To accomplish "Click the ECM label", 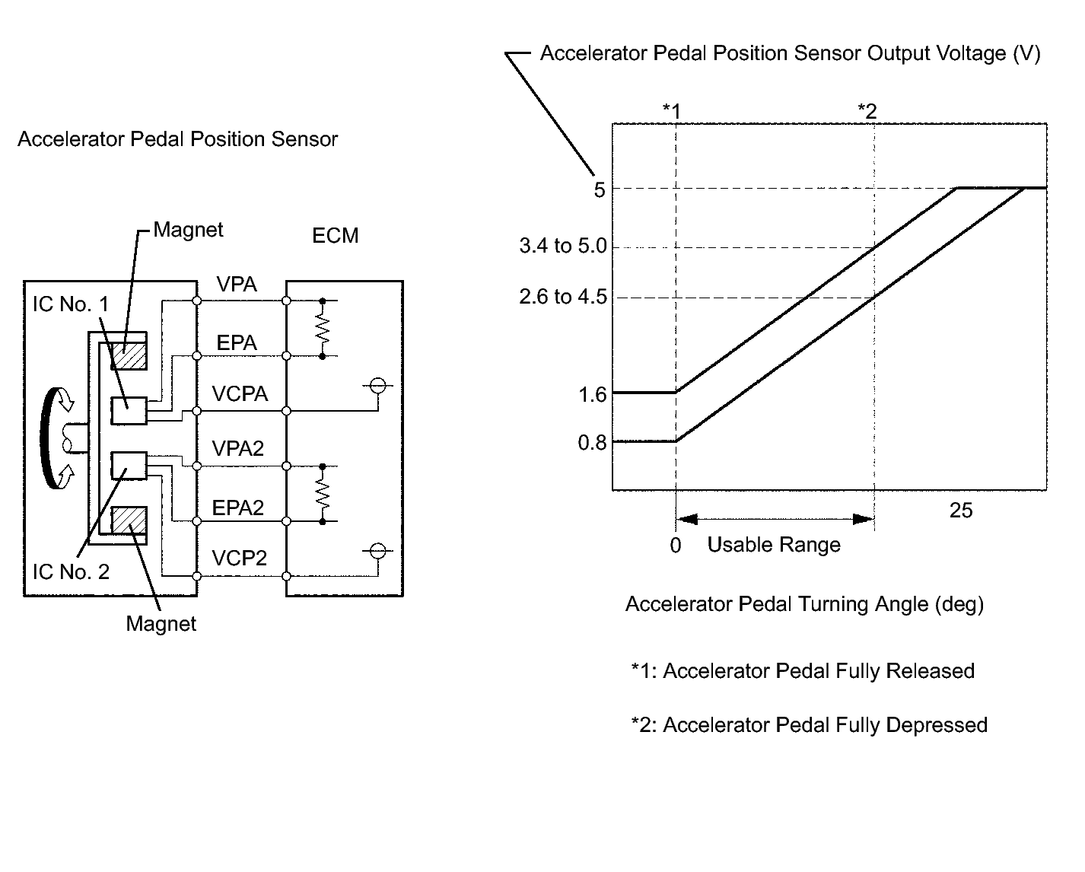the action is pos(336,236).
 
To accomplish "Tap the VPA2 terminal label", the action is pos(238,448).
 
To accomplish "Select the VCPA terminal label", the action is pos(240,394).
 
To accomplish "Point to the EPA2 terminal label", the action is pos(238,508).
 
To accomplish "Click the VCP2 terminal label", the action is pos(240,559).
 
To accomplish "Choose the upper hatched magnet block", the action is pos(129,355).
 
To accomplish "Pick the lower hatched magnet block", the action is pos(129,520).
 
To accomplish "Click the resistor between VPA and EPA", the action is pos(322,329).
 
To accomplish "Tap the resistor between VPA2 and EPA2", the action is pos(322,494).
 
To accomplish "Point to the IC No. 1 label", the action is pos(71,304).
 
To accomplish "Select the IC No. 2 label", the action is pos(71,572).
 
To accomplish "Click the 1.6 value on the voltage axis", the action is pos(593,394).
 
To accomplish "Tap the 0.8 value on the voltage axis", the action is pos(593,443).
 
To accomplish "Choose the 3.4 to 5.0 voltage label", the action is pos(563,246).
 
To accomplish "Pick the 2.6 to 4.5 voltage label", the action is pos(563,297).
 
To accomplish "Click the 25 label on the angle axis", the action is pos(961,511).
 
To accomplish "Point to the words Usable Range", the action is pos(774,545).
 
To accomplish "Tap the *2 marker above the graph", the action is pos(867,111).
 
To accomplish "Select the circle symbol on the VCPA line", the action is pos(378,386).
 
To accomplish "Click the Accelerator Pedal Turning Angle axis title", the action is pos(805,604).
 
